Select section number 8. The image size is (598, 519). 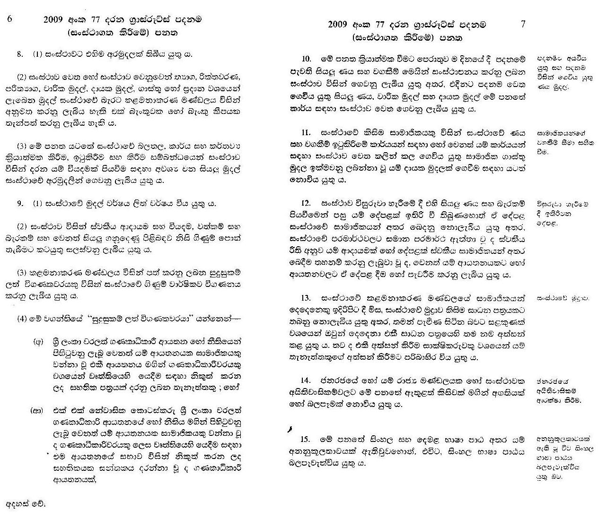point(19,54)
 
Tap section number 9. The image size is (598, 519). point(19,204)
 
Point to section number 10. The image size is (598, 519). point(307,59)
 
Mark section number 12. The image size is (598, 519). point(306,203)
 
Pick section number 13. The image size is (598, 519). point(306,298)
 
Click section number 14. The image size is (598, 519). point(306,381)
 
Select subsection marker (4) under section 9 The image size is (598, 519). point(22,318)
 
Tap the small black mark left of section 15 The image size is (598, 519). point(290,429)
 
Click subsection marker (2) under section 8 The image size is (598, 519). point(22,77)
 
